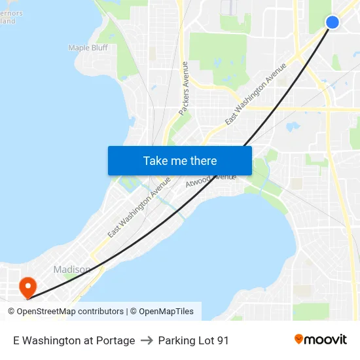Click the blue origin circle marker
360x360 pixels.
click(332, 22)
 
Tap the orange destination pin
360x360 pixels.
click(27, 286)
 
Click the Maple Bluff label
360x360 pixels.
click(88, 48)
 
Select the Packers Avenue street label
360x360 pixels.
click(184, 88)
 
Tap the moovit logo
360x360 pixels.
click(320, 340)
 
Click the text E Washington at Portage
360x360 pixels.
click(74, 340)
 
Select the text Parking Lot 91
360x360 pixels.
click(193, 340)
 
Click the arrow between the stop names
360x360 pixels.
click(147, 340)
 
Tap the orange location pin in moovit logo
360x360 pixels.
click(299, 339)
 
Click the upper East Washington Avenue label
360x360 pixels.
click(256, 94)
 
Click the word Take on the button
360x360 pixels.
click(155, 161)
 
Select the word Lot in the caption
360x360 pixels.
click(206, 340)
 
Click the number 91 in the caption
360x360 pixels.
click(223, 340)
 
